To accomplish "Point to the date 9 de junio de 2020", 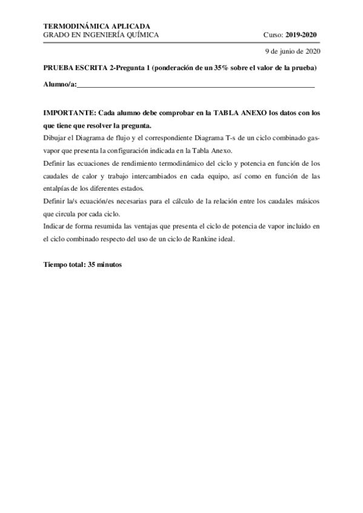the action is [x=293, y=52].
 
